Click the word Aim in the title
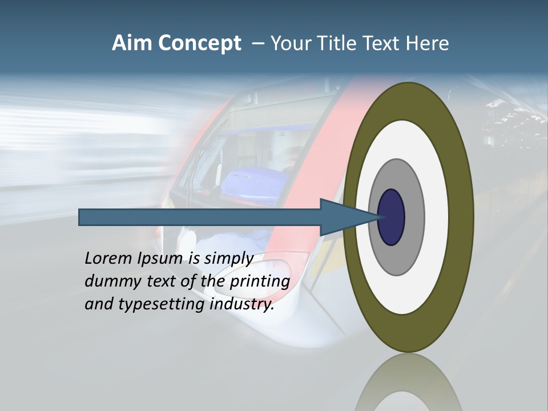[132, 43]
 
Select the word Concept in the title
[200, 44]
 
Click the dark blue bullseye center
[392, 217]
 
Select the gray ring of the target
[413, 217]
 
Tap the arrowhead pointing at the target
[342, 217]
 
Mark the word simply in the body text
[228, 259]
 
